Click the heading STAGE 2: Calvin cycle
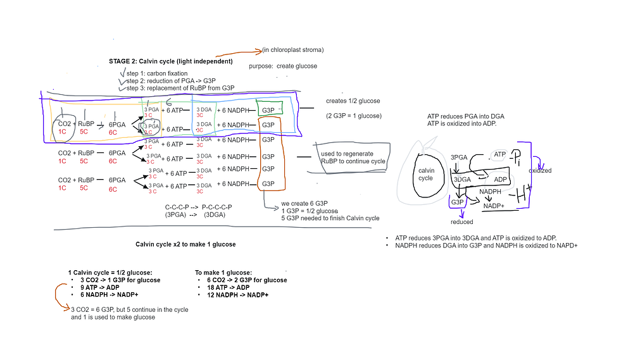(x=170, y=61)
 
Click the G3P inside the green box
(x=268, y=110)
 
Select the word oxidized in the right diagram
(x=539, y=170)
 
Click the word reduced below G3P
(x=462, y=222)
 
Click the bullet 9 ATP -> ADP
(x=101, y=287)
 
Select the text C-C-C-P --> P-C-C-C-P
(x=198, y=207)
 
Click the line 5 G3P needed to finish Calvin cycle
(x=330, y=218)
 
